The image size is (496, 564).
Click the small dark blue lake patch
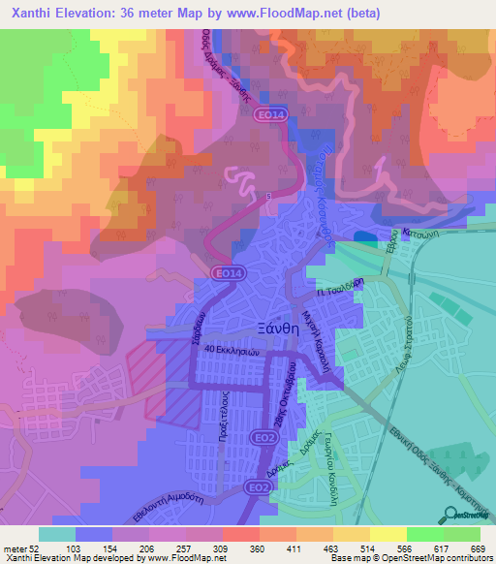(x=364, y=237)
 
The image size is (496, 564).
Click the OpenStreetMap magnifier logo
(x=449, y=517)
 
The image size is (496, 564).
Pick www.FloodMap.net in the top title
(x=296, y=14)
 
